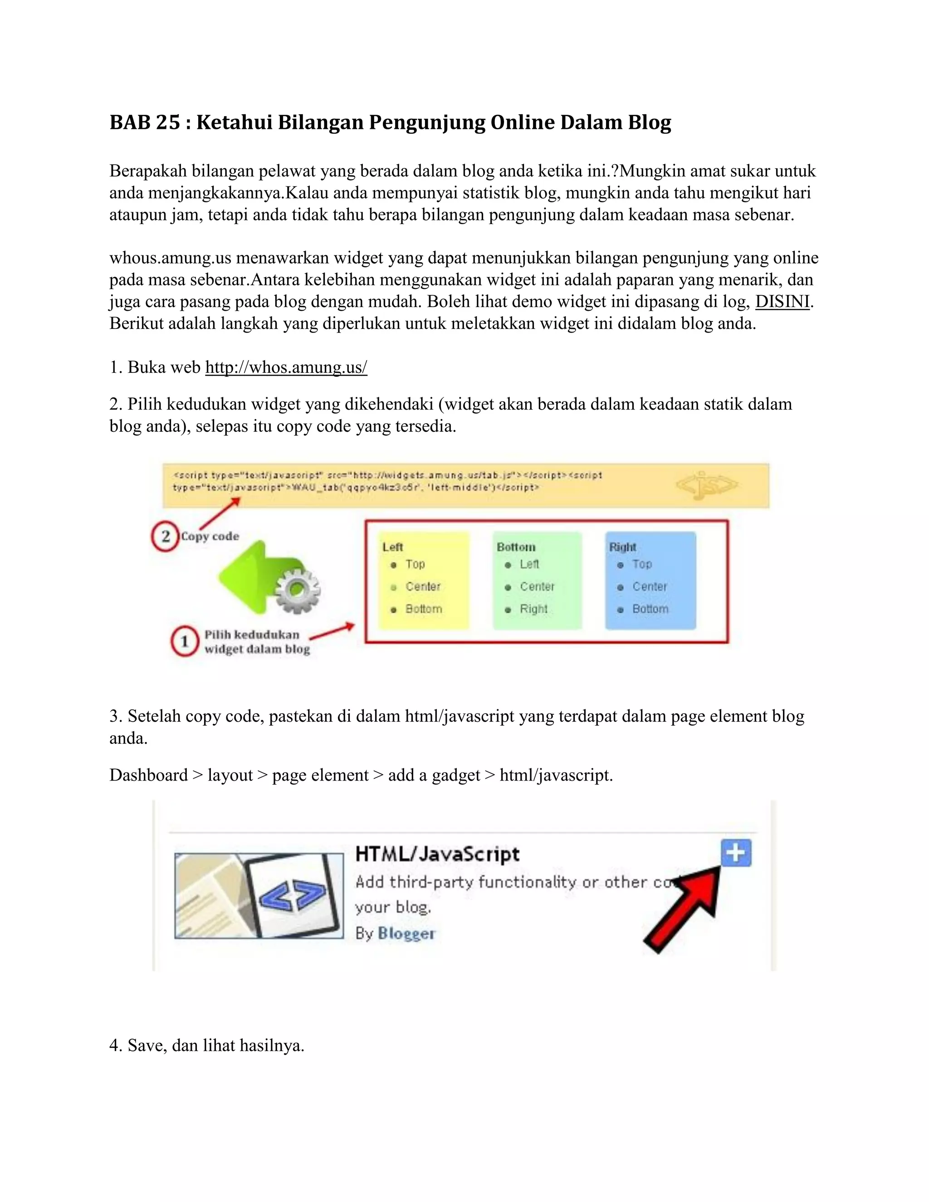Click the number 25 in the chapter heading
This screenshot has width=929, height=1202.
(168, 122)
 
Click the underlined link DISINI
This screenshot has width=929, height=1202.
(782, 302)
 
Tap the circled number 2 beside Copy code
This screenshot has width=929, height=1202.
(165, 536)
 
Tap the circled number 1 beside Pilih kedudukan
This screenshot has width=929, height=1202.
(184, 641)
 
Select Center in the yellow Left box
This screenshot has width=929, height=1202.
(423, 586)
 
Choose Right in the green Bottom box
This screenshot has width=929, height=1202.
(533, 609)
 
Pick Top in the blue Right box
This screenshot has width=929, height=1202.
(642, 565)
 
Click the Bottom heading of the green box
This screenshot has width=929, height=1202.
(516, 547)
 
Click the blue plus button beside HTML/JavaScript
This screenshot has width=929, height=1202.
(736, 853)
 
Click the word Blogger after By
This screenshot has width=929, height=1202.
(406, 933)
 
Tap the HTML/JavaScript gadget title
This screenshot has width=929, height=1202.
(437, 854)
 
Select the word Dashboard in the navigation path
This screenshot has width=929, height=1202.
(149, 776)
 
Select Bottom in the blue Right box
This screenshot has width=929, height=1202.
(650, 609)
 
